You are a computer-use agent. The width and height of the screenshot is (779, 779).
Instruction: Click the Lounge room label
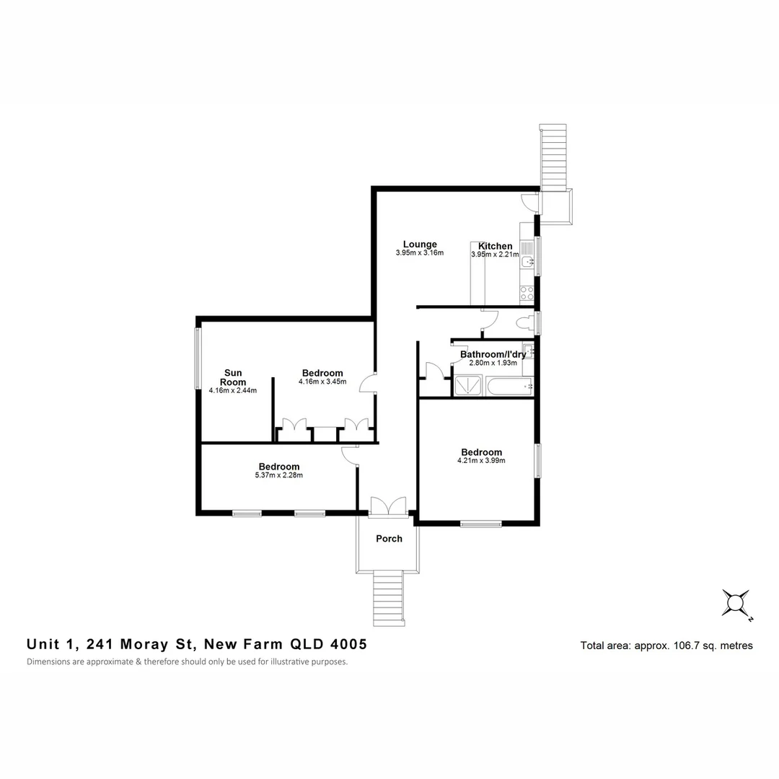point(420,244)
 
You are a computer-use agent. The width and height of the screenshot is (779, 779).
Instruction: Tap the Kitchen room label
point(495,246)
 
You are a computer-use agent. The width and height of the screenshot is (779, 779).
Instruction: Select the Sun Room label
point(232,377)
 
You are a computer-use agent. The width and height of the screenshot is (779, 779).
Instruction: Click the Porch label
point(389,539)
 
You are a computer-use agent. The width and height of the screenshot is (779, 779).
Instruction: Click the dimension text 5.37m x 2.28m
point(278,475)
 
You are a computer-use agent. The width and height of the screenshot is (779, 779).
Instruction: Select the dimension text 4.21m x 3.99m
point(481,461)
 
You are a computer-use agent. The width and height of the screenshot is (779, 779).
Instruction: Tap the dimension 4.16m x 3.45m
point(322,382)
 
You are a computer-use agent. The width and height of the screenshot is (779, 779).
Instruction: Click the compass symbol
point(736,602)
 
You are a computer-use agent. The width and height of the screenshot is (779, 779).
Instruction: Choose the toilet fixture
point(524,322)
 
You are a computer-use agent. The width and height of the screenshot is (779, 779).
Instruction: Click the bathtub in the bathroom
point(509,387)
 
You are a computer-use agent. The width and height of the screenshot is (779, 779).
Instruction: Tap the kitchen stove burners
point(527,294)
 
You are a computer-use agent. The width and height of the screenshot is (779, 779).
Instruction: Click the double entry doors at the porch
point(388,506)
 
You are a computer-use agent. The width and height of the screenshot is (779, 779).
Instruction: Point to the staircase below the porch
point(387,597)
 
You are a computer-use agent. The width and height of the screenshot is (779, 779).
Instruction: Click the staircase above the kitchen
point(553,156)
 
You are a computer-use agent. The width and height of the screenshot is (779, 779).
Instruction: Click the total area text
point(666,646)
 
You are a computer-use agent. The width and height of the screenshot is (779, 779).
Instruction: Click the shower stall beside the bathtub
point(469,387)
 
